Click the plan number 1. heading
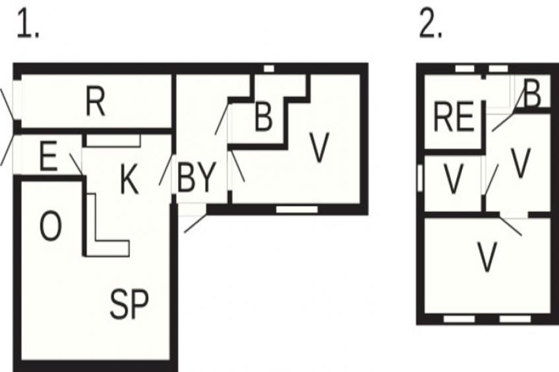point(28,24)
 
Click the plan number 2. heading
point(430,24)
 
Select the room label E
point(48,156)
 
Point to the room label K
point(129,180)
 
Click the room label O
point(50,226)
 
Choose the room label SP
point(129,304)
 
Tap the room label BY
point(196,177)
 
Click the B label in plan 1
point(264,117)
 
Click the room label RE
point(454,117)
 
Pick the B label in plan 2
point(533,93)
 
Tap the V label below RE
point(453,178)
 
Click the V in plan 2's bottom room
point(486,256)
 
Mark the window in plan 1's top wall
point(269,68)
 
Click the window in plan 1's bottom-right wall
point(297,209)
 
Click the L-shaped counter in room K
point(107,225)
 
